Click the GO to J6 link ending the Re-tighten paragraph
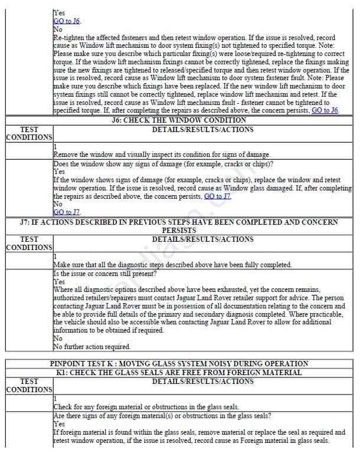(325, 110)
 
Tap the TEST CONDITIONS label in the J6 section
(29, 133)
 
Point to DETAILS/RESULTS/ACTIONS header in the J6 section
(202, 129)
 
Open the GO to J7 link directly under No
(67, 212)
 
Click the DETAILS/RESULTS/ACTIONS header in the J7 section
(202, 239)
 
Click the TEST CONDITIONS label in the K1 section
(29, 386)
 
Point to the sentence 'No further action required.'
(91, 347)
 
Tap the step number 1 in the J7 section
(55, 257)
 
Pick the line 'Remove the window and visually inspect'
(162, 155)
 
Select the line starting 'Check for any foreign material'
(146, 407)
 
